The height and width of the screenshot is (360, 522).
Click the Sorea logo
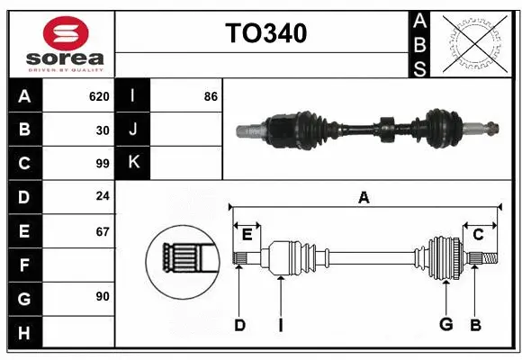click(x=58, y=40)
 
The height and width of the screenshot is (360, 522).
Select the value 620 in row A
click(x=99, y=96)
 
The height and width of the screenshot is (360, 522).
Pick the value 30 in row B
click(x=102, y=130)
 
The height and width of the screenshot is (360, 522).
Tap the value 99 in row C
click(x=102, y=164)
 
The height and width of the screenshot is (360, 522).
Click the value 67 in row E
click(x=102, y=232)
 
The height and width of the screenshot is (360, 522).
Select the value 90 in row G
click(x=102, y=296)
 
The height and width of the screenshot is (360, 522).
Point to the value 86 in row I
click(x=211, y=96)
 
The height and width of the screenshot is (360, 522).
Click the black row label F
click(x=24, y=265)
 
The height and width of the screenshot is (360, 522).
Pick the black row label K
click(x=133, y=163)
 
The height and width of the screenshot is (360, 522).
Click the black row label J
click(x=133, y=130)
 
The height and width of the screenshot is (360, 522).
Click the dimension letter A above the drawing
click(x=364, y=198)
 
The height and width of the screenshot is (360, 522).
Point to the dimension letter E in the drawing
click(x=247, y=235)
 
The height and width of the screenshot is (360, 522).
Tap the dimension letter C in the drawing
click(x=478, y=235)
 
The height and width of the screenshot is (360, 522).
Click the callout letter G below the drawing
click(x=445, y=324)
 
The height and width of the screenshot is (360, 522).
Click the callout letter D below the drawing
click(x=239, y=324)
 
